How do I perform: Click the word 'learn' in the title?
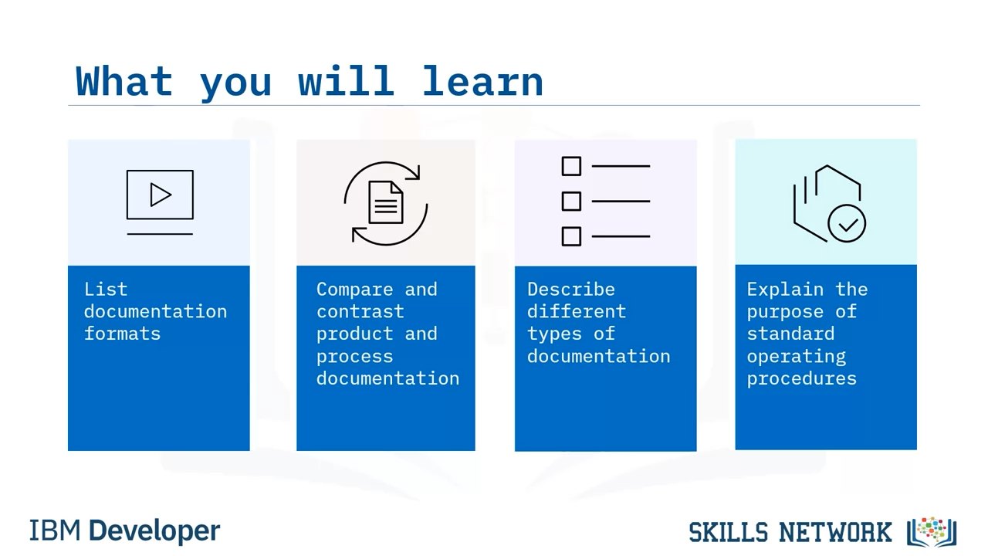click(x=482, y=81)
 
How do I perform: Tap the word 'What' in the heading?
click(x=124, y=81)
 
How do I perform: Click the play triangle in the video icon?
click(x=161, y=195)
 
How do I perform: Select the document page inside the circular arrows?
click(x=385, y=202)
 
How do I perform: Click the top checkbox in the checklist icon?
click(x=571, y=166)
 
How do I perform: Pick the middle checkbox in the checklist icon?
click(x=571, y=202)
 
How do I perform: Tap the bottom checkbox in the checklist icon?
click(x=571, y=236)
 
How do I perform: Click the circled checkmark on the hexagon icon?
click(x=847, y=223)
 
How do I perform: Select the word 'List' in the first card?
click(x=106, y=290)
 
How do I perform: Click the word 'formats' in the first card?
click(x=122, y=334)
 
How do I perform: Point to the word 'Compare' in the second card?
click(x=354, y=290)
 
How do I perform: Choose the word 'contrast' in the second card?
click(x=360, y=311)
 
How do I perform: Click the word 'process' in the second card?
click(x=354, y=357)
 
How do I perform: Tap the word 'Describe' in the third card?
click(x=570, y=290)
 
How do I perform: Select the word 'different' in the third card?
click(x=577, y=311)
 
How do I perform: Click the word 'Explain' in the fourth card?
click(x=785, y=290)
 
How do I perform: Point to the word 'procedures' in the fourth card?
click(x=801, y=378)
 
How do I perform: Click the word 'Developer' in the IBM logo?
click(x=154, y=531)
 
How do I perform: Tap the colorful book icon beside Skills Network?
click(x=932, y=532)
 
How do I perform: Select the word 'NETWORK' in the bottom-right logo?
click(x=835, y=532)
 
